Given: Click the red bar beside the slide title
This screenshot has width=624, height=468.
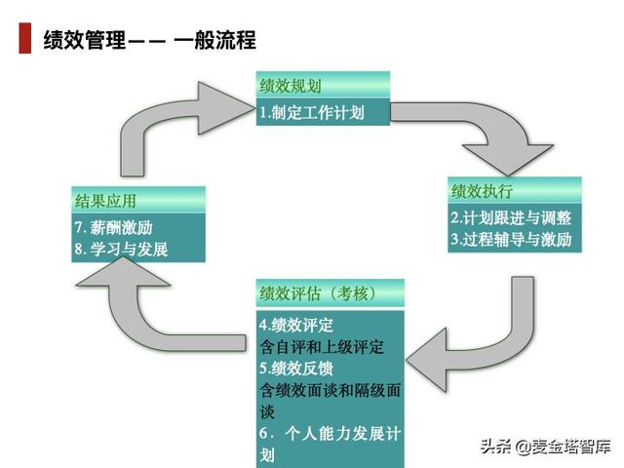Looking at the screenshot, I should pos(24,40).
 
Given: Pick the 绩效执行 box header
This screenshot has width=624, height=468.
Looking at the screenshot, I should pos(482,189).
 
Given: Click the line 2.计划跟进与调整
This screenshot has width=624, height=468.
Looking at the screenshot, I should pos(511,217).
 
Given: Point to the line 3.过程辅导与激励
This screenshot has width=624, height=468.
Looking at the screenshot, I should pos(511,239).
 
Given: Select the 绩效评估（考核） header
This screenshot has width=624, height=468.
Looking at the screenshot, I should pos(318,293).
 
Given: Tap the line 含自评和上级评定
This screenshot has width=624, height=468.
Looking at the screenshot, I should pos(322,346).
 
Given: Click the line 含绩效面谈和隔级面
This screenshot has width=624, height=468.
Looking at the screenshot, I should pos(330,390).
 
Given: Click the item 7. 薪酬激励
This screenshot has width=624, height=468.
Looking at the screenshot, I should pos(114,227).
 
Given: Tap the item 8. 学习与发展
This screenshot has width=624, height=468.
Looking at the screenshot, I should pos(122,249).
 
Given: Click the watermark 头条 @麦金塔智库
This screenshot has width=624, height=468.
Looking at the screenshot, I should pos(544,448).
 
